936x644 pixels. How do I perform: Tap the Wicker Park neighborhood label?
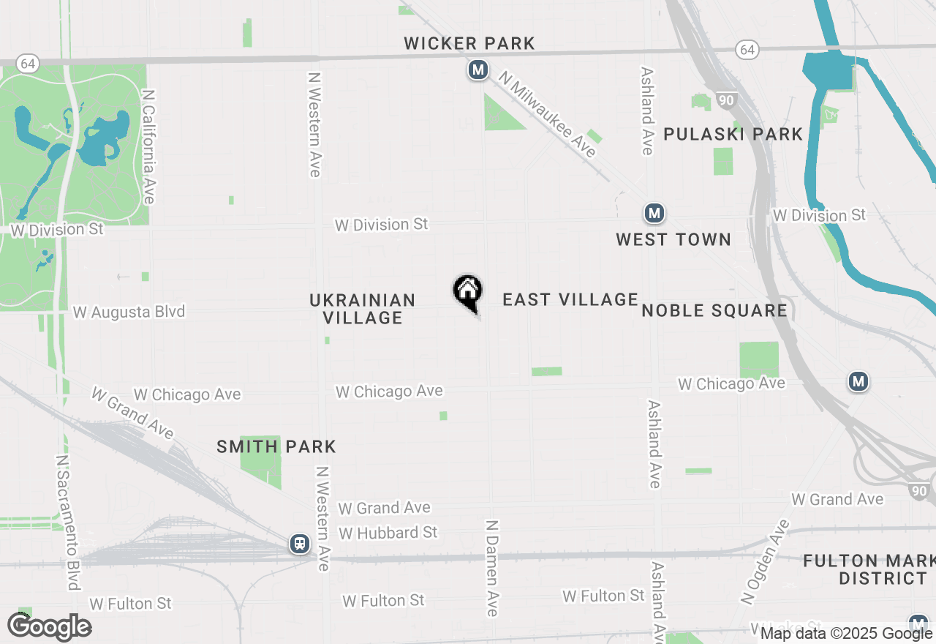469,44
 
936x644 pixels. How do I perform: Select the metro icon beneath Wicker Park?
478,70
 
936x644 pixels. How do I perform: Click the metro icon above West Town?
654,214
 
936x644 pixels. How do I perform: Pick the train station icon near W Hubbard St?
299,544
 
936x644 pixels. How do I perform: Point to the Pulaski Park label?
733,134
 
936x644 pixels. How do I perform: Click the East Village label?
570,299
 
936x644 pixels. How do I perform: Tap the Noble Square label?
714,310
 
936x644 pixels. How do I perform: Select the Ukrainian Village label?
363,309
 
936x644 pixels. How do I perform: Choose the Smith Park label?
276,446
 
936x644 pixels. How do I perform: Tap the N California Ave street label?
149,147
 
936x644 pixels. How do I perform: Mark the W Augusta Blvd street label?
129,312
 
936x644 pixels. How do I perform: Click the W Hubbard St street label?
388,533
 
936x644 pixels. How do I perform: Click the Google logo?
49,627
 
